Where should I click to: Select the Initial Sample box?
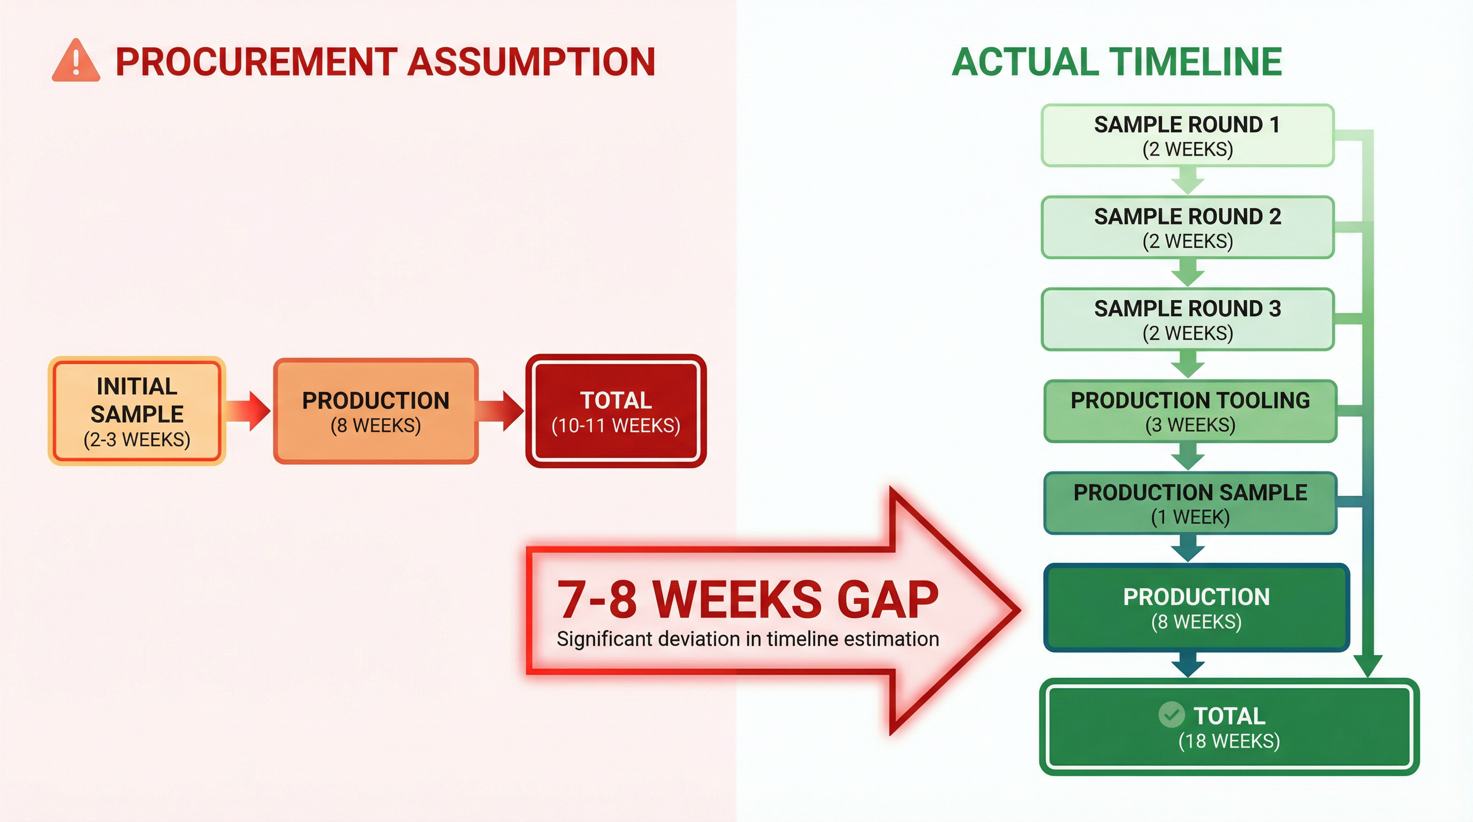pyautogui.click(x=136, y=411)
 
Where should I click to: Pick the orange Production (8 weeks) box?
pyautogui.click(x=376, y=411)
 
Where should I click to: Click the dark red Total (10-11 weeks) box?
pyautogui.click(x=616, y=411)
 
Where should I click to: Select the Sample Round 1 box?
pyautogui.click(x=1187, y=136)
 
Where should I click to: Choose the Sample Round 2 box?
pyautogui.click(x=1187, y=227)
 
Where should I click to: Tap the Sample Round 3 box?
pyautogui.click(x=1187, y=319)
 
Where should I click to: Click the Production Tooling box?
pyautogui.click(x=1190, y=412)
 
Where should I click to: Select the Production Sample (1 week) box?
pyautogui.click(x=1190, y=504)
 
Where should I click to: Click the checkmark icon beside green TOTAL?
pyautogui.click(x=1171, y=714)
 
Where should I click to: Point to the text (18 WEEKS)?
pyautogui.click(x=1229, y=741)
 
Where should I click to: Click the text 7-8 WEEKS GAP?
pyautogui.click(x=747, y=599)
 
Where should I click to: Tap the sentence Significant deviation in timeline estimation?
pyautogui.click(x=747, y=639)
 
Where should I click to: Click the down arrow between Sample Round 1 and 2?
pyautogui.click(x=1188, y=181)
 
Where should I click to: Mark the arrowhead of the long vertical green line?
pyautogui.click(x=1368, y=666)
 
